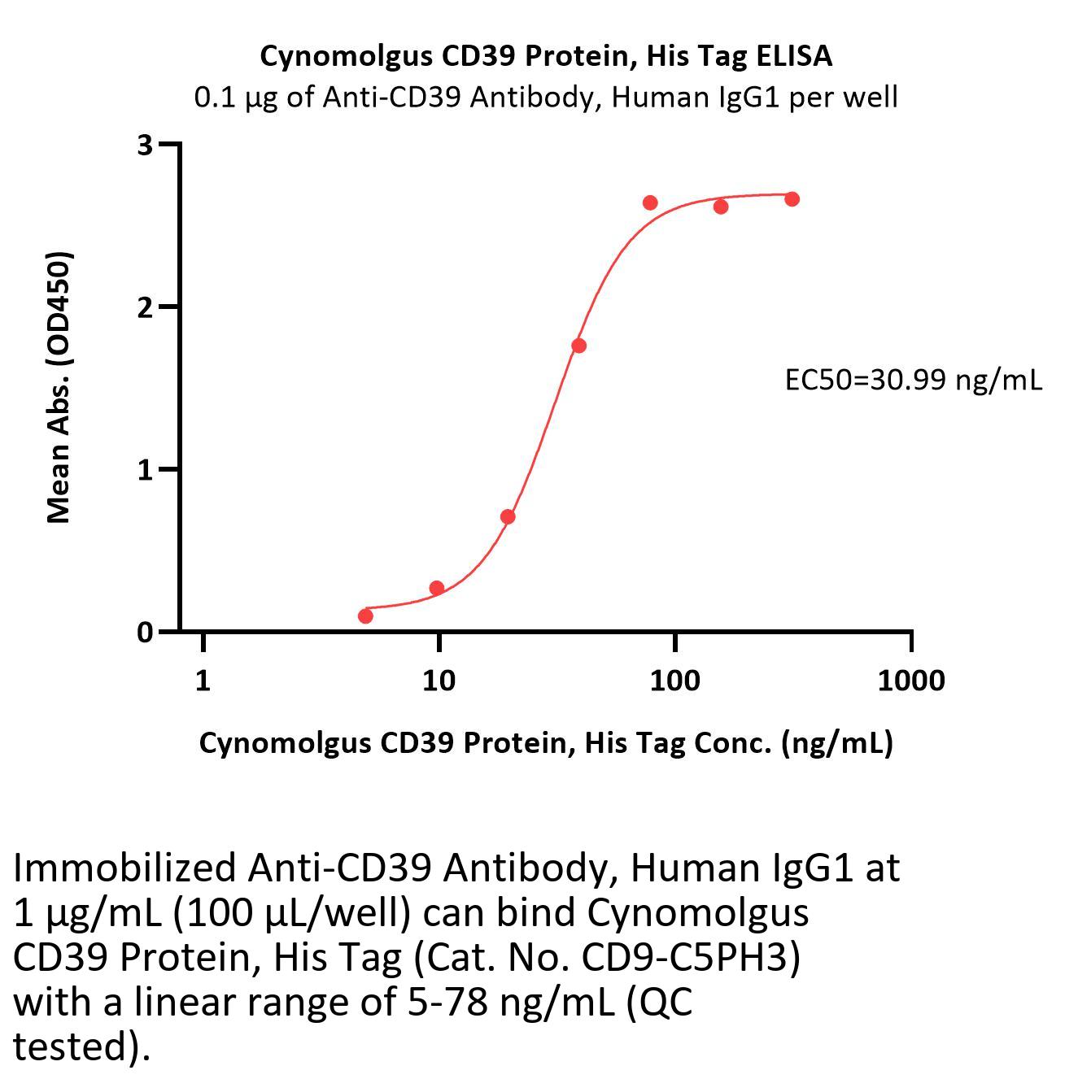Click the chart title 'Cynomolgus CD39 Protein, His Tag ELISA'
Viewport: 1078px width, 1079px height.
(546, 56)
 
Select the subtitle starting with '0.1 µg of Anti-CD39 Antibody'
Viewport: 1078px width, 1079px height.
(546, 98)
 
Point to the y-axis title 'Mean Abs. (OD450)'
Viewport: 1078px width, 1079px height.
(59, 387)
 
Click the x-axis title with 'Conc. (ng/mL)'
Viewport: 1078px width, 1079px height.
(546, 742)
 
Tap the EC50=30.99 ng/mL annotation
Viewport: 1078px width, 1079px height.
(913, 380)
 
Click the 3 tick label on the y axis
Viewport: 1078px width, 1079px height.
(146, 145)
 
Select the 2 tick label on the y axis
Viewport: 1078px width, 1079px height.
(146, 307)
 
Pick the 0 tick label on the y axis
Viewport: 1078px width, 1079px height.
(146, 632)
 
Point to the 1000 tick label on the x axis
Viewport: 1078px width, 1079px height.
(910, 681)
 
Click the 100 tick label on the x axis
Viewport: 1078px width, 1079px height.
(674, 681)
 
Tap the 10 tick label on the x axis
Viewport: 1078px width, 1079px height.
(439, 681)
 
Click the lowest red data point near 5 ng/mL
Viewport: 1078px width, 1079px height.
(365, 616)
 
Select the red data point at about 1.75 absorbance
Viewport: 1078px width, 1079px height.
(578, 346)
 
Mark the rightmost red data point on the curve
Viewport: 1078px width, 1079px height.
(792, 199)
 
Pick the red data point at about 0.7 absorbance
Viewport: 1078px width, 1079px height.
(508, 516)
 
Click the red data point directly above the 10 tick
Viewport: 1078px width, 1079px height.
(437, 588)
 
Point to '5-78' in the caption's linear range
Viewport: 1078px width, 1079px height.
(446, 1003)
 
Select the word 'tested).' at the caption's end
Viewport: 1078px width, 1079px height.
(82, 1047)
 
